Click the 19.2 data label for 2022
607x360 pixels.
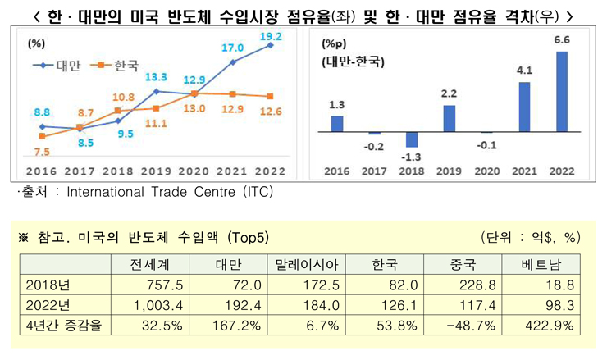tap(271, 36)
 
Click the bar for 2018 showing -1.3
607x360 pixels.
tap(411, 139)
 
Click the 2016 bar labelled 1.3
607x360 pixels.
tap(336, 124)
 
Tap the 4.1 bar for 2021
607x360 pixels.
tap(525, 107)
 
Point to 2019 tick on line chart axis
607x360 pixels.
tap(155, 171)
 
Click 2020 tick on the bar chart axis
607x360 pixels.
tap(486, 171)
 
